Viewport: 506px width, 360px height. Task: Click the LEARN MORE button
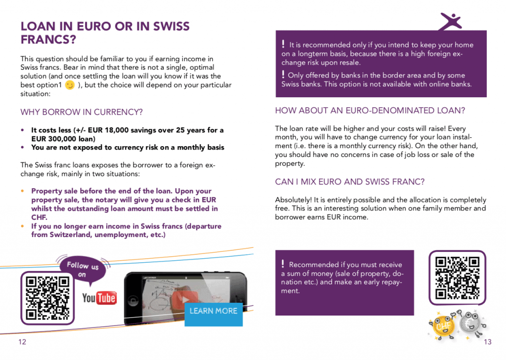[213, 311]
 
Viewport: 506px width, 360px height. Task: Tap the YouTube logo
[99, 298]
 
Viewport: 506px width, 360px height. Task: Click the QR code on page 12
[47, 298]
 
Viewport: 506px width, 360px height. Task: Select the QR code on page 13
[457, 278]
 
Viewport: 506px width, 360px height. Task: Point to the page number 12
[22, 342]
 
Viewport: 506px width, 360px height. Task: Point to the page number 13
[488, 342]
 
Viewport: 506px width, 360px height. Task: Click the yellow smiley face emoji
[70, 85]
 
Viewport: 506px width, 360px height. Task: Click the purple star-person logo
[451, 21]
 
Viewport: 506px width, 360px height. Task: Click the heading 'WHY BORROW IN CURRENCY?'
[82, 112]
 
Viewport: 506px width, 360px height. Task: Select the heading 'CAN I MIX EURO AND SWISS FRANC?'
[350, 182]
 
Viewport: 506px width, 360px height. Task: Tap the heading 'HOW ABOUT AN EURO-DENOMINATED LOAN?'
[370, 110]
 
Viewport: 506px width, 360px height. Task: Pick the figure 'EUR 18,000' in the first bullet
[104, 130]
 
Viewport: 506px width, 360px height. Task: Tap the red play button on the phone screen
[183, 299]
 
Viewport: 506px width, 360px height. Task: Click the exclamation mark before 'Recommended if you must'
[283, 264]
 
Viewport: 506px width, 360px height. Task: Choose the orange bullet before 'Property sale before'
[23, 191]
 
